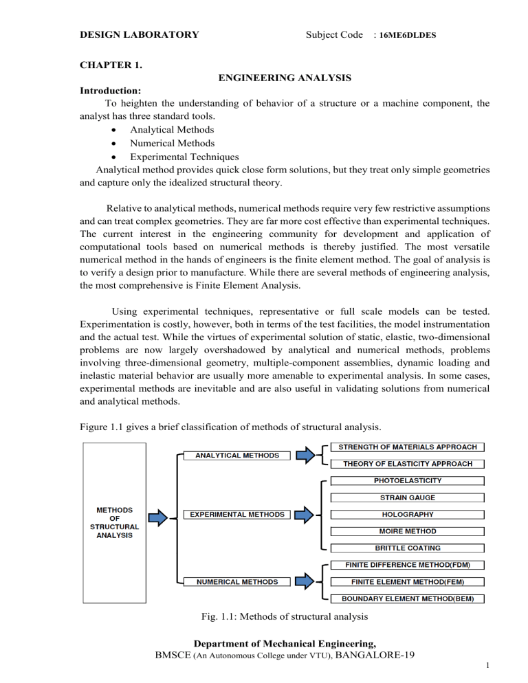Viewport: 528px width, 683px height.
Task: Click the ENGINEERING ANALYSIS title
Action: [x=285, y=80]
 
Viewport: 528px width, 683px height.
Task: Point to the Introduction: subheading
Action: [x=113, y=91]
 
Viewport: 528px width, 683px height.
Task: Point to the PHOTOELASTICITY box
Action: [x=408, y=480]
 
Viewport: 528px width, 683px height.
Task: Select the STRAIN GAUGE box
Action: [x=408, y=497]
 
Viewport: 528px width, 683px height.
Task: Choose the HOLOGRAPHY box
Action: [x=408, y=514]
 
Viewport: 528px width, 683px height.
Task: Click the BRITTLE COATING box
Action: [x=408, y=548]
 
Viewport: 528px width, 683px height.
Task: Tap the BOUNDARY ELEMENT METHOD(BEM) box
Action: [x=408, y=598]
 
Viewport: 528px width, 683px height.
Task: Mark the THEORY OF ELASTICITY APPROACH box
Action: [x=408, y=464]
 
